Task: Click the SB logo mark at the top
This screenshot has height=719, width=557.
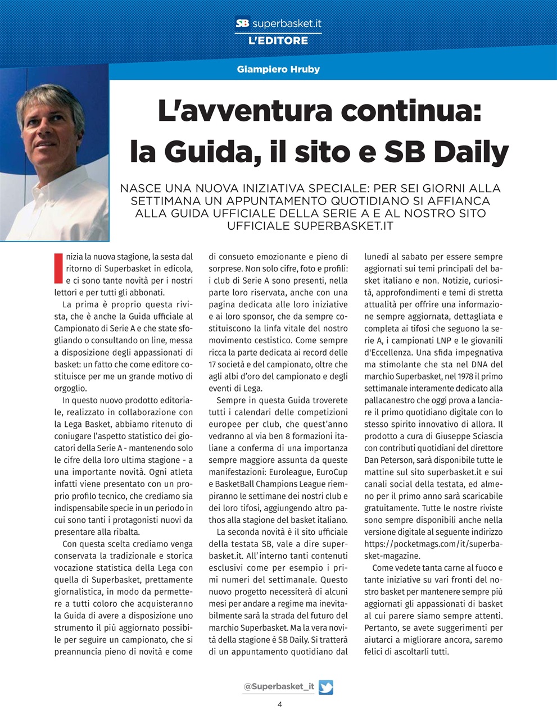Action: point(242,24)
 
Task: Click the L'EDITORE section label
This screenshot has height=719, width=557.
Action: point(278,41)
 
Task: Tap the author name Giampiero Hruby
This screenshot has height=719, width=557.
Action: point(278,70)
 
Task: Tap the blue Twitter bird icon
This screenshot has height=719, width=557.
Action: point(326,687)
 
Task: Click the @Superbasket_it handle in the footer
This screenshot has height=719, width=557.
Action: point(278,686)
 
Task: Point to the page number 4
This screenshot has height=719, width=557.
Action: point(279,704)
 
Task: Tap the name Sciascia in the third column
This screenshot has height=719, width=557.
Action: point(486,436)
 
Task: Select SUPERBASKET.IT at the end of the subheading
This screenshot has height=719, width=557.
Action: point(343,226)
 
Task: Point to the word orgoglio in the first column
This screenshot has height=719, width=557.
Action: point(71,388)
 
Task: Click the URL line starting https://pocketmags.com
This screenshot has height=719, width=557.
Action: point(433,544)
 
